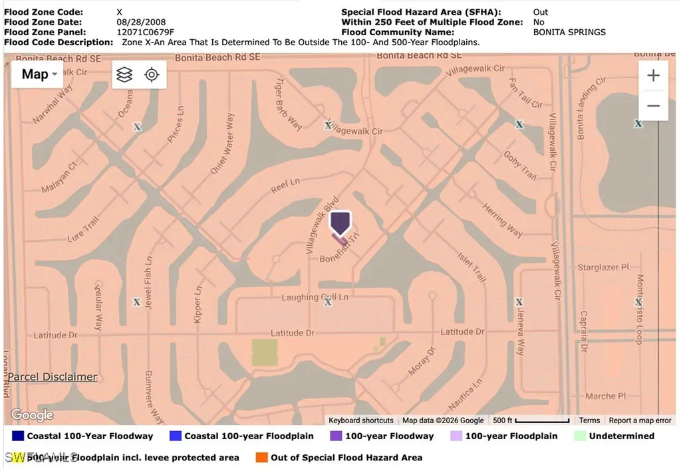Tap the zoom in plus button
[x=653, y=76]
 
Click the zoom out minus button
[x=653, y=106]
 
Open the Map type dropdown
[x=39, y=74]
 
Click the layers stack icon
[x=124, y=74]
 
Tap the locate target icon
[x=152, y=74]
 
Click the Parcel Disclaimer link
[x=53, y=377]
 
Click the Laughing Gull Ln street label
[x=315, y=297]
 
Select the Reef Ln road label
[x=285, y=186]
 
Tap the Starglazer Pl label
[x=603, y=267]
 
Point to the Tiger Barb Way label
[x=288, y=105]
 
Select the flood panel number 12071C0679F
[x=145, y=32]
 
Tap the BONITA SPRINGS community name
[x=569, y=32]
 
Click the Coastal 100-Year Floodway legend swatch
[x=18, y=436]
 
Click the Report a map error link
[x=640, y=420]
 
